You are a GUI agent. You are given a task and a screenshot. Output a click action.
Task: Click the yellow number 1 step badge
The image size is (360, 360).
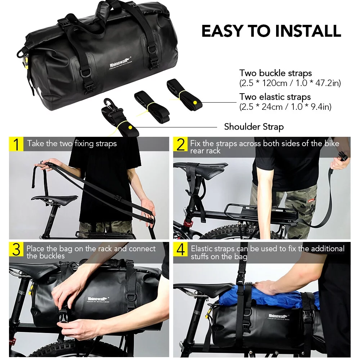16,144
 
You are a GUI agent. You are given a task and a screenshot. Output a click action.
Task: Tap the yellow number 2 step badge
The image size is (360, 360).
181,144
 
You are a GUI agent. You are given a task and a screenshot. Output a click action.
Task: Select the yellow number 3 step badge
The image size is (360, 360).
16,249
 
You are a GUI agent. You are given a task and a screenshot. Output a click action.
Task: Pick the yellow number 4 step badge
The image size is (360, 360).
181,249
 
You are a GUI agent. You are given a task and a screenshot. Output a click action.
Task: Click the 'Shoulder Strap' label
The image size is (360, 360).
254,127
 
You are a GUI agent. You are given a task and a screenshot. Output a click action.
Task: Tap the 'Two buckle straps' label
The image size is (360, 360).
275,73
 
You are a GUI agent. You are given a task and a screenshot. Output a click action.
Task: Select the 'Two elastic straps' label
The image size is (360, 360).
275,97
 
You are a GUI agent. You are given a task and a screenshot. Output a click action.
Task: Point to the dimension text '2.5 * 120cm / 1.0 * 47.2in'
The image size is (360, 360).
290,83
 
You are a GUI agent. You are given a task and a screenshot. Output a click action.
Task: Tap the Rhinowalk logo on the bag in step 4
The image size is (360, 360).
278,316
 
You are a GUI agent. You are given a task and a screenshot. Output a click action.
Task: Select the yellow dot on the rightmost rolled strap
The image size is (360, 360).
195,102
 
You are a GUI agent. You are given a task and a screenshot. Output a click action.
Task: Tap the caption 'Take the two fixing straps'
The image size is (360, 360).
72,143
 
